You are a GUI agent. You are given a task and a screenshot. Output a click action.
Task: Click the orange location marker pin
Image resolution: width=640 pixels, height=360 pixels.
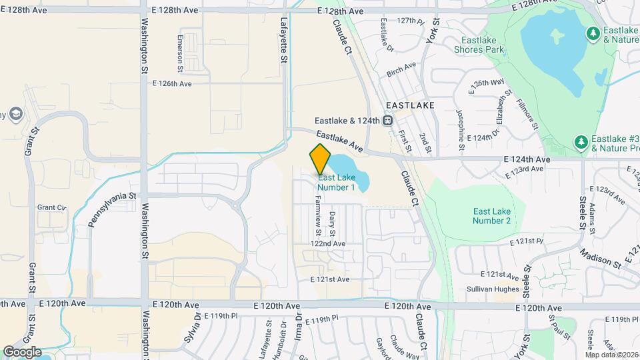321,159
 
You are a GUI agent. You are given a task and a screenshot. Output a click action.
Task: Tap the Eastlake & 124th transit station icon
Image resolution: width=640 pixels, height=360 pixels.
387,121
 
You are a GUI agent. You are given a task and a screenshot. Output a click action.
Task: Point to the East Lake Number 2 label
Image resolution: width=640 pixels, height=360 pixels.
491,215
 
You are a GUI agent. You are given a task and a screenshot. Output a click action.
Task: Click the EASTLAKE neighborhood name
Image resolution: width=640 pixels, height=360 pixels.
410,105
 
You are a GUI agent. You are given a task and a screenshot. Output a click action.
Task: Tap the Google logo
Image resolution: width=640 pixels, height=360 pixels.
22,351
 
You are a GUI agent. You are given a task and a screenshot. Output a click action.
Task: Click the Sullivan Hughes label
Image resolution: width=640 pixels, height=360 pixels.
492,289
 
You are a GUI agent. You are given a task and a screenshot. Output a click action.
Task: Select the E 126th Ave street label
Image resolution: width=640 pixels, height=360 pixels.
172,84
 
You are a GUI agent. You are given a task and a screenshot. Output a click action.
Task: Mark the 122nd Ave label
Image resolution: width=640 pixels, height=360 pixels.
328,244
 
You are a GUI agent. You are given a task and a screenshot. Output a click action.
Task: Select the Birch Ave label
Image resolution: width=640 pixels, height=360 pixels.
401,65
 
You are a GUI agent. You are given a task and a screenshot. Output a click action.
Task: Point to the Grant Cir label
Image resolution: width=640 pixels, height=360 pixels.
52,208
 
